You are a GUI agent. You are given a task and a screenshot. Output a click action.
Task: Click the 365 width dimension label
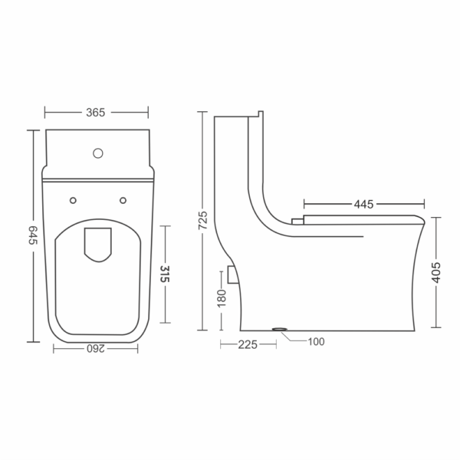tap(95, 113)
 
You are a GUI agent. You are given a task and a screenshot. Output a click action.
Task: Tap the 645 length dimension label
tap(33, 235)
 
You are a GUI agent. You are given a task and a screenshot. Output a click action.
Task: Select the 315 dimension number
tap(165, 274)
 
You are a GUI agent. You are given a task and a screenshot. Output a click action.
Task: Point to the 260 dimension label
tap(96, 349)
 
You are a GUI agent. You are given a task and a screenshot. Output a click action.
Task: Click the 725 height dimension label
tap(202, 220)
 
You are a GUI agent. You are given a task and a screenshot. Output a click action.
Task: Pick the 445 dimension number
tap(363, 204)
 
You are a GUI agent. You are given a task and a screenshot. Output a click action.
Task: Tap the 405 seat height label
tap(436, 272)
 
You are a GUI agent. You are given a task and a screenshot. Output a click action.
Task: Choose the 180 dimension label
tap(222, 298)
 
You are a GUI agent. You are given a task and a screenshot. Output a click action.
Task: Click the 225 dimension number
tap(248, 345)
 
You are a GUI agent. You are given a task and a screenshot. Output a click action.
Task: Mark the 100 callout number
tap(316, 341)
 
